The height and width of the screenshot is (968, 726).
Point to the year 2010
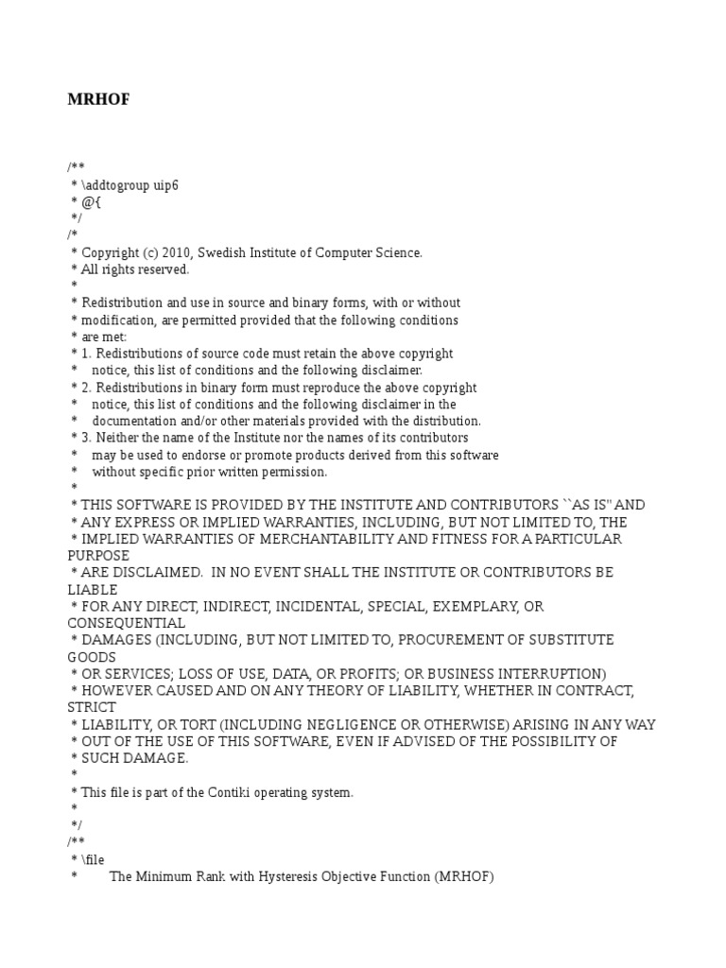[177, 252]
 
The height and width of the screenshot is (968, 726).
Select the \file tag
[93, 859]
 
